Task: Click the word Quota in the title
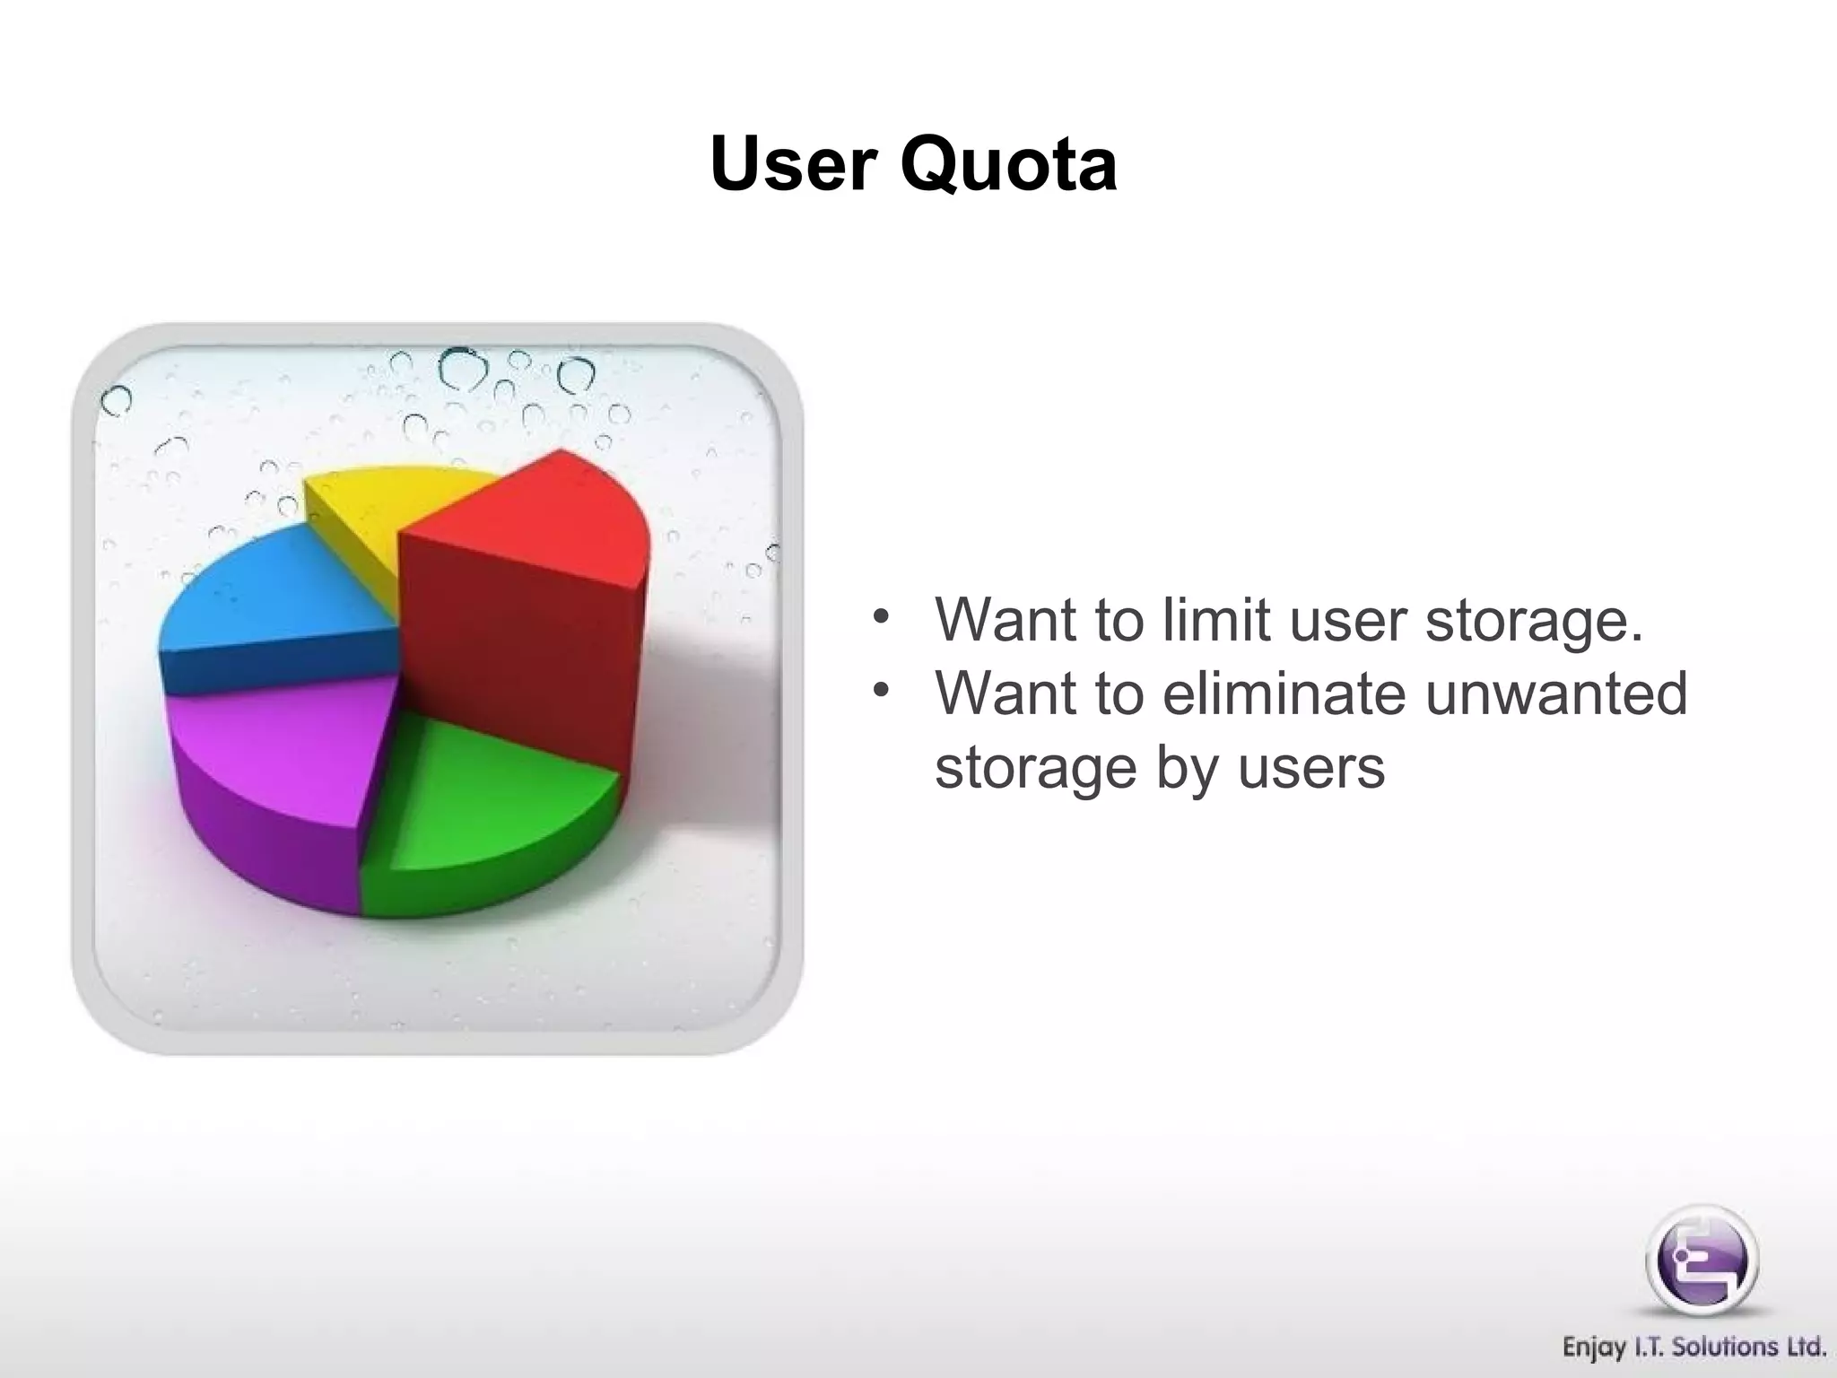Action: (1008, 166)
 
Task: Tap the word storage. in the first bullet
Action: (1534, 621)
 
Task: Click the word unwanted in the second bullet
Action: (1556, 693)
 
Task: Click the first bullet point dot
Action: (882, 616)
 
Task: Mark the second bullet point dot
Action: (882, 690)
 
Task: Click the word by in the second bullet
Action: (1182, 770)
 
